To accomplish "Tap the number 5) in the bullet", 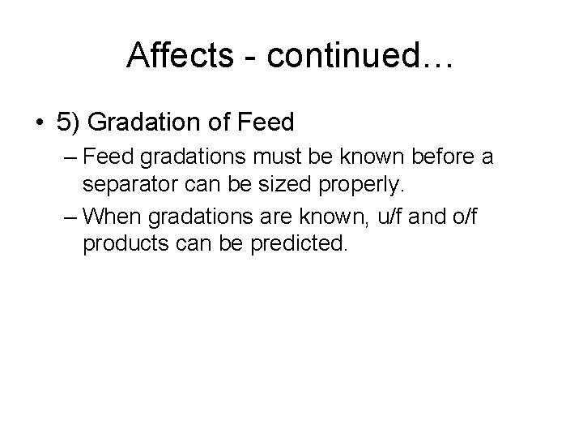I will tap(69, 122).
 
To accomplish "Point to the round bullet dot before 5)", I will tap(40, 123).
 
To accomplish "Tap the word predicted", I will tap(303, 243).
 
